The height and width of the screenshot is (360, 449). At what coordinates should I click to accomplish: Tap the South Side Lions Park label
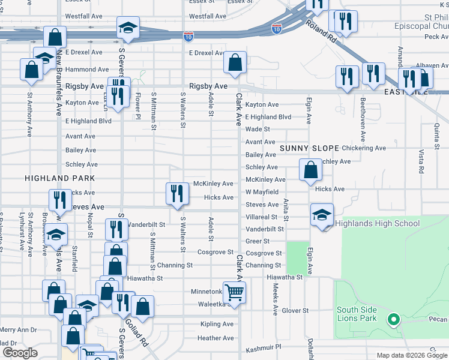tap(357, 314)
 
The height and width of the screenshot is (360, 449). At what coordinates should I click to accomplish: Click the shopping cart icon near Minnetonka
tap(235, 292)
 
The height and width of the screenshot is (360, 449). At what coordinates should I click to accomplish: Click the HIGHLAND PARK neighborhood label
tap(59, 178)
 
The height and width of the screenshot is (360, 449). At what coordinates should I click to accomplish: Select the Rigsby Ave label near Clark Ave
tap(208, 86)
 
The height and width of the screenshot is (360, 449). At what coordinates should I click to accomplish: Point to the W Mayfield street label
tap(262, 192)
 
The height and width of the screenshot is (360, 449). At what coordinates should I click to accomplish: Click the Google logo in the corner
tap(20, 353)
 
